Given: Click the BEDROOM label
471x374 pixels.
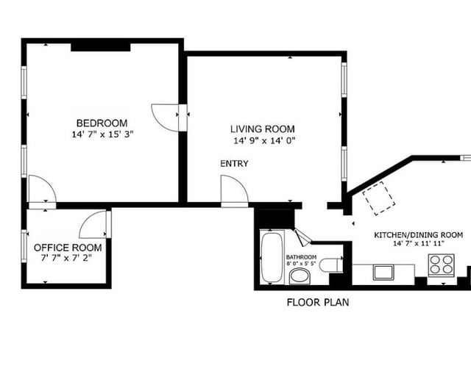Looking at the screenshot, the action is point(102,123).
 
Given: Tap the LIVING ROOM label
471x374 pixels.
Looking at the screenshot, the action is point(263,129).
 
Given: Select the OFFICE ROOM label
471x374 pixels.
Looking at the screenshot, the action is point(68,248).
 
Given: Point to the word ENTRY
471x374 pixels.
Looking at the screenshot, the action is point(234,163).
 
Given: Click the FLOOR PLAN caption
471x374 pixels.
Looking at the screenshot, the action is point(318,302).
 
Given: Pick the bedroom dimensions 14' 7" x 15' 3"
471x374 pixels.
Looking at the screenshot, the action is point(102,134).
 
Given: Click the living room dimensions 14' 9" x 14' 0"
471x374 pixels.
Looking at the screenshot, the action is point(264,140).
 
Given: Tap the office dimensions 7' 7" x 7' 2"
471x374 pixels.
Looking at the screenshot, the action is point(66,258).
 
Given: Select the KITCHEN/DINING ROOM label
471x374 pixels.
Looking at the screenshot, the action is point(418,235).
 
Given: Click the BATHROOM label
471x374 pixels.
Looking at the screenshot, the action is point(301,257).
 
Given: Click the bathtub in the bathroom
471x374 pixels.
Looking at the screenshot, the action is point(272,257).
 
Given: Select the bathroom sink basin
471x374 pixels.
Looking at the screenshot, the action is point(300,276).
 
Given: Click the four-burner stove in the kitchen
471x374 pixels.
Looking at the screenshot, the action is point(441,265).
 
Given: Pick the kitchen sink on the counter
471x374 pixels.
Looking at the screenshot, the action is point(383,273).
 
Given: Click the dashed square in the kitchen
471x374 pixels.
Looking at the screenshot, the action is point(378,198).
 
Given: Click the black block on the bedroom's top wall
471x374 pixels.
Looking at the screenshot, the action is point(101,47).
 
